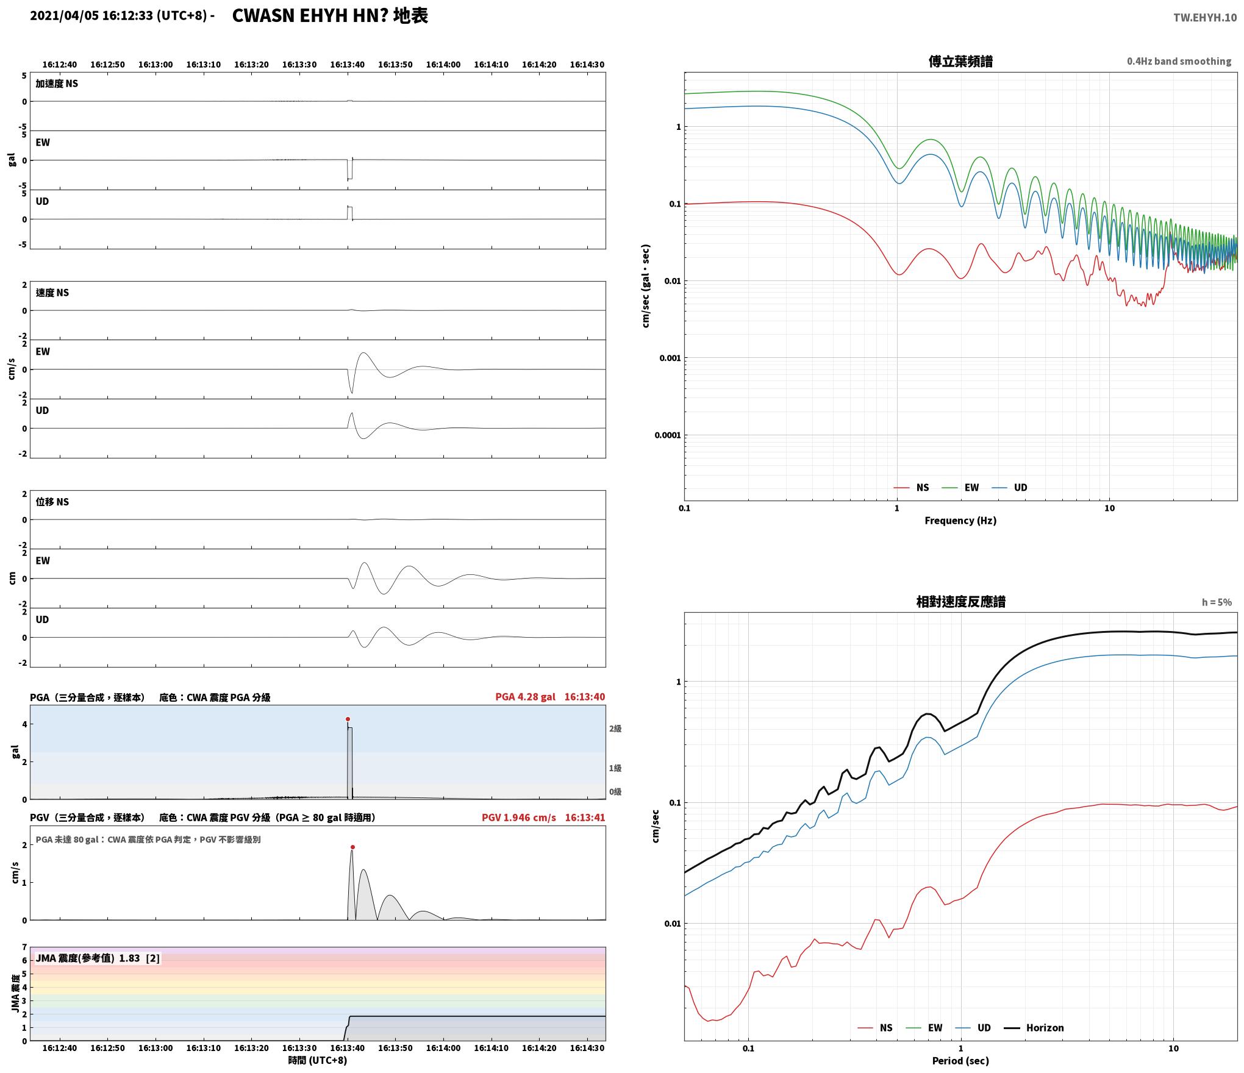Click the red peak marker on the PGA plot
pos(348,719)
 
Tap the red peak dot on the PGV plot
pos(352,847)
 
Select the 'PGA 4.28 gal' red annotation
pos(525,697)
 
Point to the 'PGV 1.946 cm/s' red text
pos(518,818)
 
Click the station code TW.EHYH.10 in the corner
pos(1205,18)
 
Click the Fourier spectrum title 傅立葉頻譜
pos(960,62)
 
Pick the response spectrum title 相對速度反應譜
pos(960,602)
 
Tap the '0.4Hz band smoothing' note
pos(1179,62)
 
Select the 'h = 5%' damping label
pos(1217,602)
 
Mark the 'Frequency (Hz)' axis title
pos(960,521)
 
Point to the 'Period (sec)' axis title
pos(960,1061)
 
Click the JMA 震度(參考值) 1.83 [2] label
pos(98,958)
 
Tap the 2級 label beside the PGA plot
pos(615,729)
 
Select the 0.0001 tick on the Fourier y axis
pos(667,435)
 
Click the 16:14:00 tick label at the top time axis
pos(443,65)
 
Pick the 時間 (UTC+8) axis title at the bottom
pos(318,1060)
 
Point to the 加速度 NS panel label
pos(57,84)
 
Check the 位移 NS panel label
pos(52,502)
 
